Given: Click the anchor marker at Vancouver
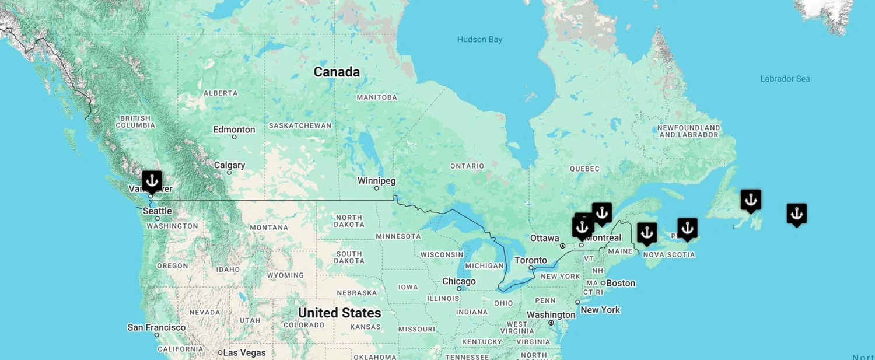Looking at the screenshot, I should click(x=152, y=181).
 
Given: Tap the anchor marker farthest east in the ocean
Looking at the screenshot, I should click(x=796, y=214).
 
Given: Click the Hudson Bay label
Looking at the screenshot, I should click(x=480, y=40).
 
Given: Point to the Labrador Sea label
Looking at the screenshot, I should click(x=785, y=79).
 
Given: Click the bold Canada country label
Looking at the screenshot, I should click(x=337, y=72).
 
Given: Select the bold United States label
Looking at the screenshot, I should click(x=339, y=313).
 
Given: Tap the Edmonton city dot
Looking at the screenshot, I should click(x=234, y=137).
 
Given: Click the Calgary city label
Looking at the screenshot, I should click(x=229, y=165).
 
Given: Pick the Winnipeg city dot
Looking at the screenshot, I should click(x=376, y=188).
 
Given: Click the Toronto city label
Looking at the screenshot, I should click(x=530, y=260).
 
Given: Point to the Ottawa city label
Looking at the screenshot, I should click(x=545, y=238).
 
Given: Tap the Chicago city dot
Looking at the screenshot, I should click(x=459, y=288).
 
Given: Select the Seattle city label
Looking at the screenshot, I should click(x=157, y=211).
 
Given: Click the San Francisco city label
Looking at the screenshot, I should click(x=156, y=327).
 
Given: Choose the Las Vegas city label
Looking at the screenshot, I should click(x=244, y=352).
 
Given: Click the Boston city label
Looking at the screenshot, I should click(x=621, y=283).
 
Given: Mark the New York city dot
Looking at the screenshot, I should click(x=577, y=302).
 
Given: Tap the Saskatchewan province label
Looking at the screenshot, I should click(x=300, y=125).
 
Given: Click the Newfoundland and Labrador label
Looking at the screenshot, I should click(x=688, y=131).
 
